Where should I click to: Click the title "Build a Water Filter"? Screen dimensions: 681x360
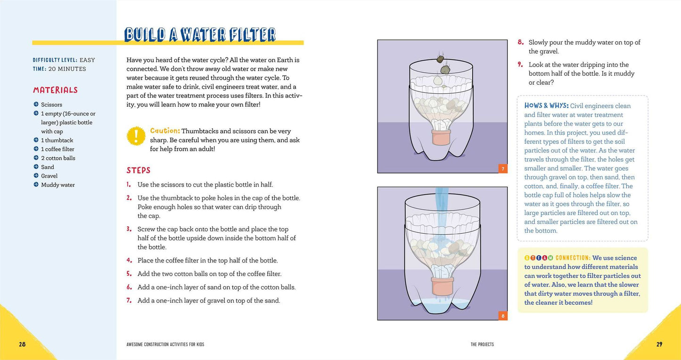point(200,35)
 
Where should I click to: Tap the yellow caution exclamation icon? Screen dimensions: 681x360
point(136,136)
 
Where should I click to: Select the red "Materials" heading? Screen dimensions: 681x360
point(55,90)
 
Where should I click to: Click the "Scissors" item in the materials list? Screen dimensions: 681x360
point(52,105)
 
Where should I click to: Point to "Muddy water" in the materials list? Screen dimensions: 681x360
point(58,185)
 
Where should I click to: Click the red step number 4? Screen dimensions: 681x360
point(129,261)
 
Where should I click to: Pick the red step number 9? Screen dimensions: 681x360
point(520,65)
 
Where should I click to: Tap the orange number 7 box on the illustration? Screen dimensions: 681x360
point(503,168)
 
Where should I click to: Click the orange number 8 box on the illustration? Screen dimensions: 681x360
point(503,316)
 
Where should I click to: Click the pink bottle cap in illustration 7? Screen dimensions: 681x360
point(441,138)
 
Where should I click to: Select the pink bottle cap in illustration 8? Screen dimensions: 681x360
point(443,286)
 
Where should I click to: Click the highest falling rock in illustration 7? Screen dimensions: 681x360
point(440,59)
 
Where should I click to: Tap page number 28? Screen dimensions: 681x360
point(22,344)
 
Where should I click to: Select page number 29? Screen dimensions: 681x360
point(659,344)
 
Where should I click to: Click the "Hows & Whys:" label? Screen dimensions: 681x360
point(546,106)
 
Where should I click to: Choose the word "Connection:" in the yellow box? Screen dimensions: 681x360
point(573,258)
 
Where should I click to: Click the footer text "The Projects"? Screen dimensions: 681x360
point(482,344)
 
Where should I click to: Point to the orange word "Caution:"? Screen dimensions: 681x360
point(165,131)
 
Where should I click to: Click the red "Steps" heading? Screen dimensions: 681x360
point(139,170)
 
